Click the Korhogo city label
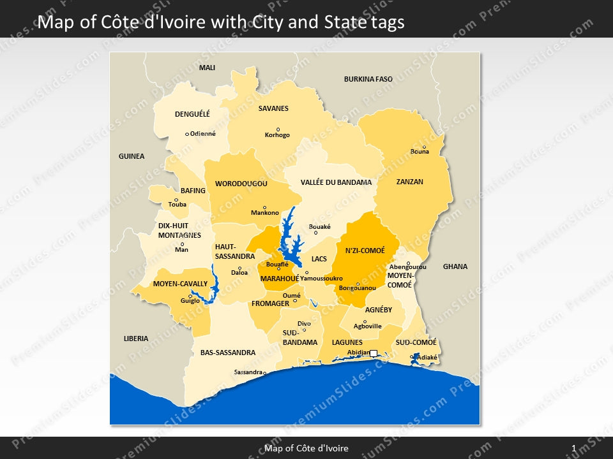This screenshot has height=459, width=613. pyautogui.click(x=277, y=135)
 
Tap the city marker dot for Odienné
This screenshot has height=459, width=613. pyautogui.click(x=187, y=134)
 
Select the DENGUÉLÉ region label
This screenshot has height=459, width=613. pyautogui.click(x=192, y=114)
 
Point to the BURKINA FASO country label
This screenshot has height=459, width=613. pyautogui.click(x=368, y=79)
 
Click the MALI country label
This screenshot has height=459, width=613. pyautogui.click(x=207, y=68)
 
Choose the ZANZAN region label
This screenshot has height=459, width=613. pyautogui.click(x=409, y=182)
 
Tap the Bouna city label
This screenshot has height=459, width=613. pyautogui.click(x=420, y=152)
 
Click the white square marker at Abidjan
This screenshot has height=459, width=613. pyautogui.click(x=374, y=353)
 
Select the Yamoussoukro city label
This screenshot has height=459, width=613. pyautogui.click(x=321, y=279)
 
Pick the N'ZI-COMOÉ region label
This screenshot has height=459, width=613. pyautogui.click(x=365, y=251)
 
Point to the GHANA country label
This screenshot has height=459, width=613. pyautogui.click(x=455, y=266)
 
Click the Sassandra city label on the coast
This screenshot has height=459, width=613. pyautogui.click(x=248, y=372)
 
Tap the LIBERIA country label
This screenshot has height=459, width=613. pyautogui.click(x=136, y=339)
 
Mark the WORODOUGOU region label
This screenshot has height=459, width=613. pyautogui.click(x=241, y=184)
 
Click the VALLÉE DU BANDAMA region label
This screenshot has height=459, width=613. pyautogui.click(x=336, y=182)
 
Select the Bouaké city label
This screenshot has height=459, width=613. pyautogui.click(x=320, y=226)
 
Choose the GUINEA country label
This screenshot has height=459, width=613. pyautogui.click(x=132, y=156)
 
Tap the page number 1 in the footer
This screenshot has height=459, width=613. pyautogui.click(x=574, y=448)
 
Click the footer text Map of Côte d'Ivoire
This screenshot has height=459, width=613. pyautogui.click(x=306, y=448)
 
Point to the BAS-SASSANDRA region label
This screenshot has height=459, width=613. pyautogui.click(x=228, y=353)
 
